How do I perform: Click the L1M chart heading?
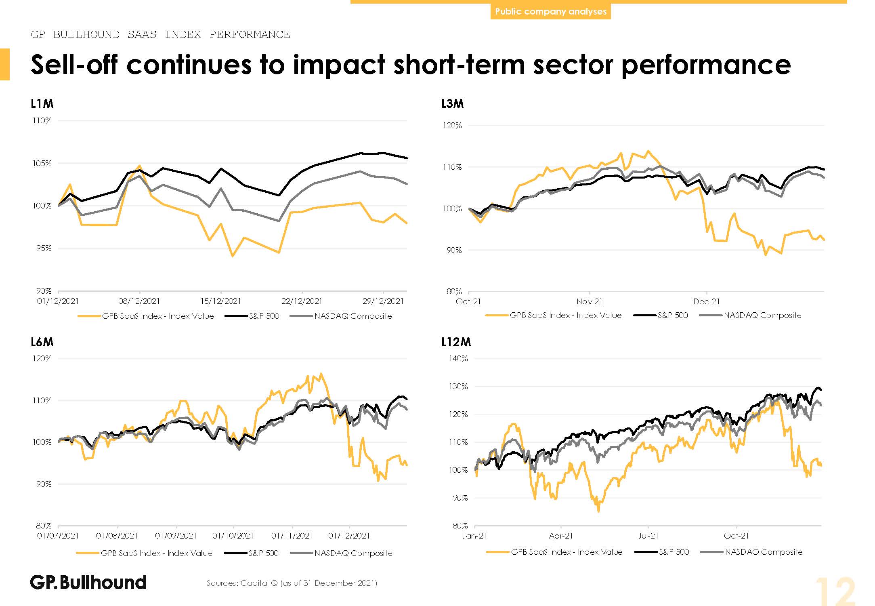(42, 104)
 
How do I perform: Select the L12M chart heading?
(456, 342)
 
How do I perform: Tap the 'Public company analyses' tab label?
(550, 11)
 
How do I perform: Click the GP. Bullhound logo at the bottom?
(88, 582)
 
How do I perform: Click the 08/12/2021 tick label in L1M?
(139, 301)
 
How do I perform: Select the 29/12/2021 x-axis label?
(383, 301)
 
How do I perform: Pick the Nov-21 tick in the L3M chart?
(589, 301)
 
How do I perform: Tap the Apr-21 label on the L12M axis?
(561, 536)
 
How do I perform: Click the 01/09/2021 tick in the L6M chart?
(176, 536)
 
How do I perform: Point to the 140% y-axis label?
(458, 358)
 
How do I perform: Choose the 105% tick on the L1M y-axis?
(42, 163)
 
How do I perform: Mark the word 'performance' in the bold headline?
(706, 65)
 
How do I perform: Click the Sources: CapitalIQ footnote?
(292, 583)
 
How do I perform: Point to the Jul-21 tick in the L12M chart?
(648, 536)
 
